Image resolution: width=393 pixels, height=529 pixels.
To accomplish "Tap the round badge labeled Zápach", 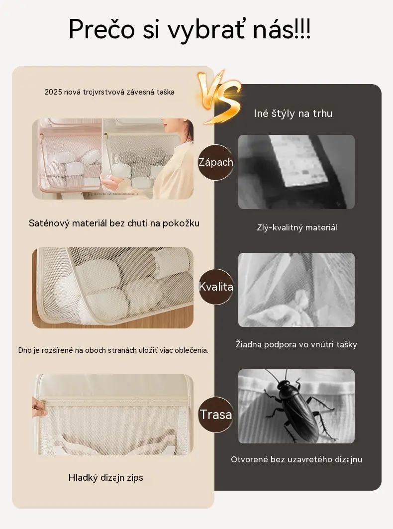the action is (x=215, y=162).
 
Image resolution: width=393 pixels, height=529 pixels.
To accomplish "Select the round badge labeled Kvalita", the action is (x=215, y=287).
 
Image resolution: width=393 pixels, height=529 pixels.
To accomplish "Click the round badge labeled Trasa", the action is (x=215, y=415).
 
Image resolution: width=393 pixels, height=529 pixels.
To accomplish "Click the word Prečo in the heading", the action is (x=101, y=29).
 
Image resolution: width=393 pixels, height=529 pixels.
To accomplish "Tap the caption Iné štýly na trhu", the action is (x=293, y=113).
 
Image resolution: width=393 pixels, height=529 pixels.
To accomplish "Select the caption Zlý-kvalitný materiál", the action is (x=297, y=227).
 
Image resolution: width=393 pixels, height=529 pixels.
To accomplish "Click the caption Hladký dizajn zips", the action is (x=105, y=477).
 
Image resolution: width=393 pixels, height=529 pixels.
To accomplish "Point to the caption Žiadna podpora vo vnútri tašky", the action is (x=296, y=344).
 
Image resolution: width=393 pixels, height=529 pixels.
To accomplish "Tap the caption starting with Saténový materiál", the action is (x=114, y=223).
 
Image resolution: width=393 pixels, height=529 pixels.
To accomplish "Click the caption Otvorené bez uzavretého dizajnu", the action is (x=296, y=459).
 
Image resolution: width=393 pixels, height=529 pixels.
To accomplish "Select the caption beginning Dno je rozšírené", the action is (x=113, y=350).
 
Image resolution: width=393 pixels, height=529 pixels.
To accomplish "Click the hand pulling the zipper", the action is (x=39, y=407).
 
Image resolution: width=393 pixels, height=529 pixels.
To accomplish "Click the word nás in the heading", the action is (x=273, y=29).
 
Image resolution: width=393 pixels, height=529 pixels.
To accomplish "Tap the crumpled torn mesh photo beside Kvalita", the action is (x=296, y=290).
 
